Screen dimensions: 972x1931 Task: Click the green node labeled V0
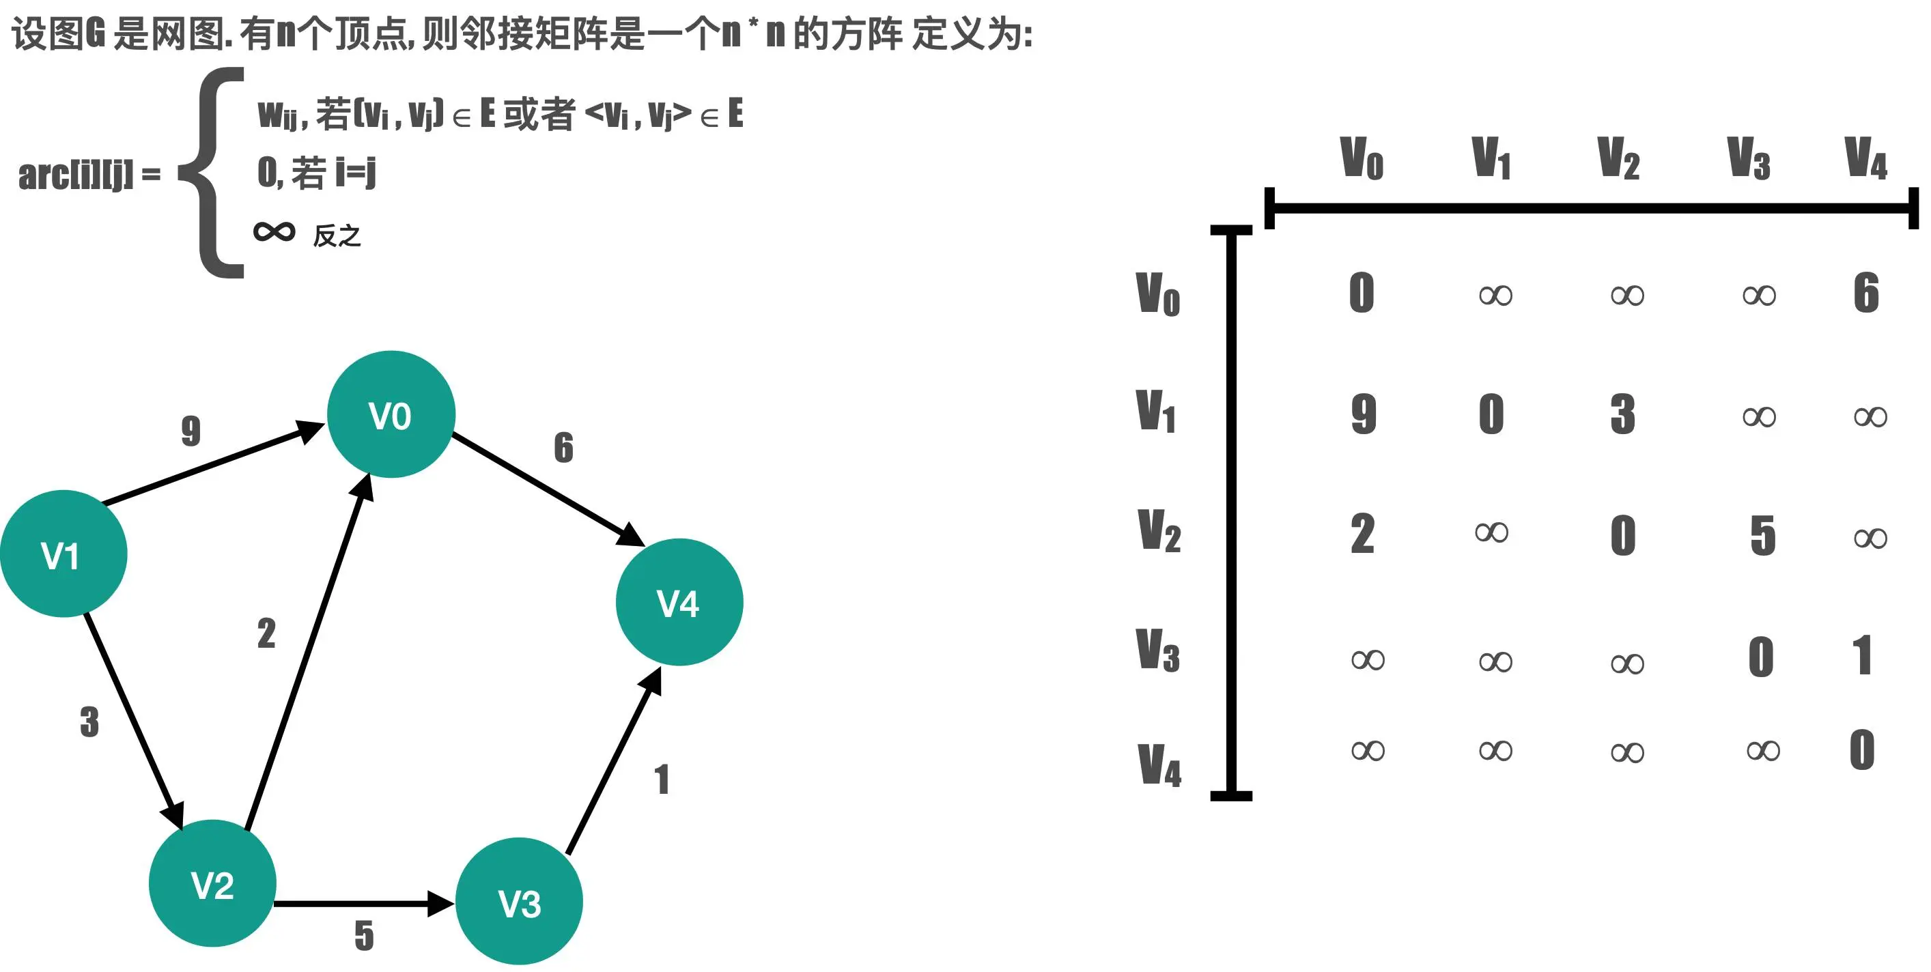tap(391, 414)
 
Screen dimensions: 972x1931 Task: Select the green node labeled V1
tap(63, 554)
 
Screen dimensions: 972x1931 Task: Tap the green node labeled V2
tap(212, 883)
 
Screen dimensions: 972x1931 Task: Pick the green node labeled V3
tap(519, 902)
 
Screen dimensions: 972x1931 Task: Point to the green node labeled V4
tap(679, 602)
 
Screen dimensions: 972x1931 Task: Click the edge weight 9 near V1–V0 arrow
tap(191, 431)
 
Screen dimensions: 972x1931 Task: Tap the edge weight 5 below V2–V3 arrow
tap(365, 935)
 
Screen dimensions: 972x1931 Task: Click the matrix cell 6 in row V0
tap(1865, 292)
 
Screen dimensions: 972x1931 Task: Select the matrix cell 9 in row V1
tap(1364, 414)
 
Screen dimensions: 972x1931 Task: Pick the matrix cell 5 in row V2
tap(1762, 535)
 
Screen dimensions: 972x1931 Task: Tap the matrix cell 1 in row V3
tap(1863, 656)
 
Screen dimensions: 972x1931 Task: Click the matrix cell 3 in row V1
tap(1623, 414)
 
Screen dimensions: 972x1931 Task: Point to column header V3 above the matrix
tap(1748, 158)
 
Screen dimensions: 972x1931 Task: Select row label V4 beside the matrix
tap(1159, 765)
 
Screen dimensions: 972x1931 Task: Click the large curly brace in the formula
tap(214, 173)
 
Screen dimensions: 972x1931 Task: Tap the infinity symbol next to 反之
tap(274, 231)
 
